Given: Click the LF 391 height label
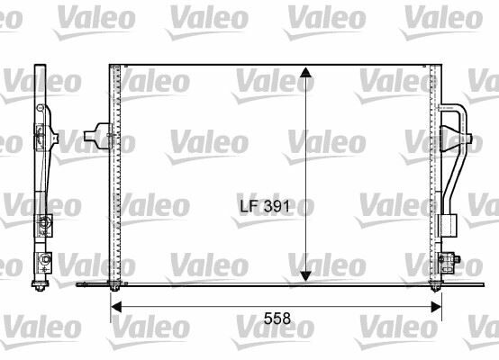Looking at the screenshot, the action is tap(265, 207).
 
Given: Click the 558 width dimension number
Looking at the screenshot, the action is tap(277, 319).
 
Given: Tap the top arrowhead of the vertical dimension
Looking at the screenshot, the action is tap(305, 72).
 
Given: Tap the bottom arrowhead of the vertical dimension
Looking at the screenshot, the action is tap(305, 276).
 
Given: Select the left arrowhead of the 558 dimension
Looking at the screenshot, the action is tap(116, 307).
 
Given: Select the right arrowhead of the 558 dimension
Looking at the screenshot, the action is tap(436, 307).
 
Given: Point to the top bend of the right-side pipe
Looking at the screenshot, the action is tap(458, 110).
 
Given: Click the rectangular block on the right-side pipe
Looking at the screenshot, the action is tap(448, 226).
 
